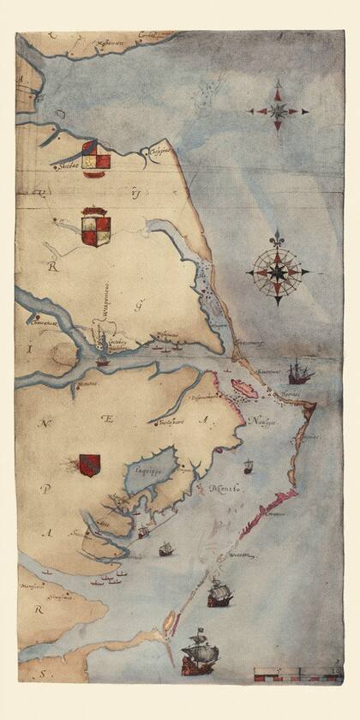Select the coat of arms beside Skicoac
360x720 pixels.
coord(96,159)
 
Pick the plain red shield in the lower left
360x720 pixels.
coord(89,465)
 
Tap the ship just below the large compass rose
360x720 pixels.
coord(299,371)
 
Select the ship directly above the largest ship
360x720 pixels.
coord(219,592)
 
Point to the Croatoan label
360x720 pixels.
coord(241,554)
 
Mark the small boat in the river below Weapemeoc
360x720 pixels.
coord(102,363)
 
